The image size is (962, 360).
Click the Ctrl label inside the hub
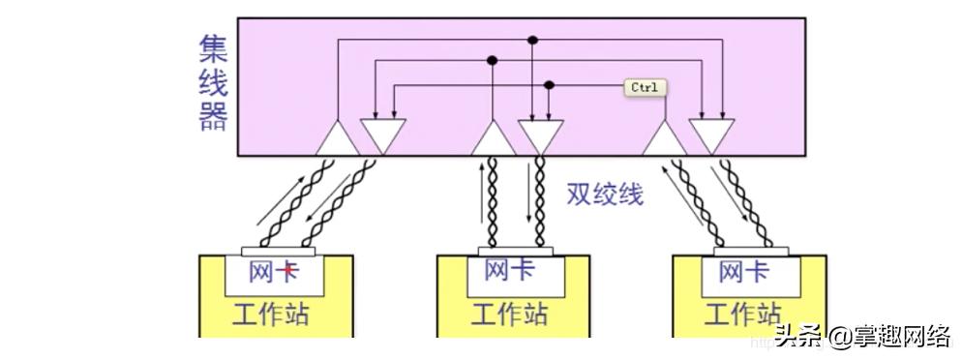tap(644, 87)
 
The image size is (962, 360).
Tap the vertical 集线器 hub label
tap(213, 83)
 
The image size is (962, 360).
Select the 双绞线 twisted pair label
tap(605, 194)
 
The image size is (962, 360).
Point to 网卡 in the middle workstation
tap(510, 270)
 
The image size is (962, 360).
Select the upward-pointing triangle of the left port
tap(336, 141)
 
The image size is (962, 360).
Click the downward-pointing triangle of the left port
tap(383, 135)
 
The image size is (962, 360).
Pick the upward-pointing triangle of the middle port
tap(493, 141)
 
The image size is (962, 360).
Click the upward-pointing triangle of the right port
tap(665, 141)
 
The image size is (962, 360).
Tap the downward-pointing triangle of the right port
tap(712, 135)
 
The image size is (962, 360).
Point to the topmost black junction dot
tap(532, 40)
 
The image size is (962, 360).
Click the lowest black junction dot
tap(549, 85)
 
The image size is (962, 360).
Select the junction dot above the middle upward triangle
tap(493, 61)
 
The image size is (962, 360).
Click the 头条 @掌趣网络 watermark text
tap(862, 336)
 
